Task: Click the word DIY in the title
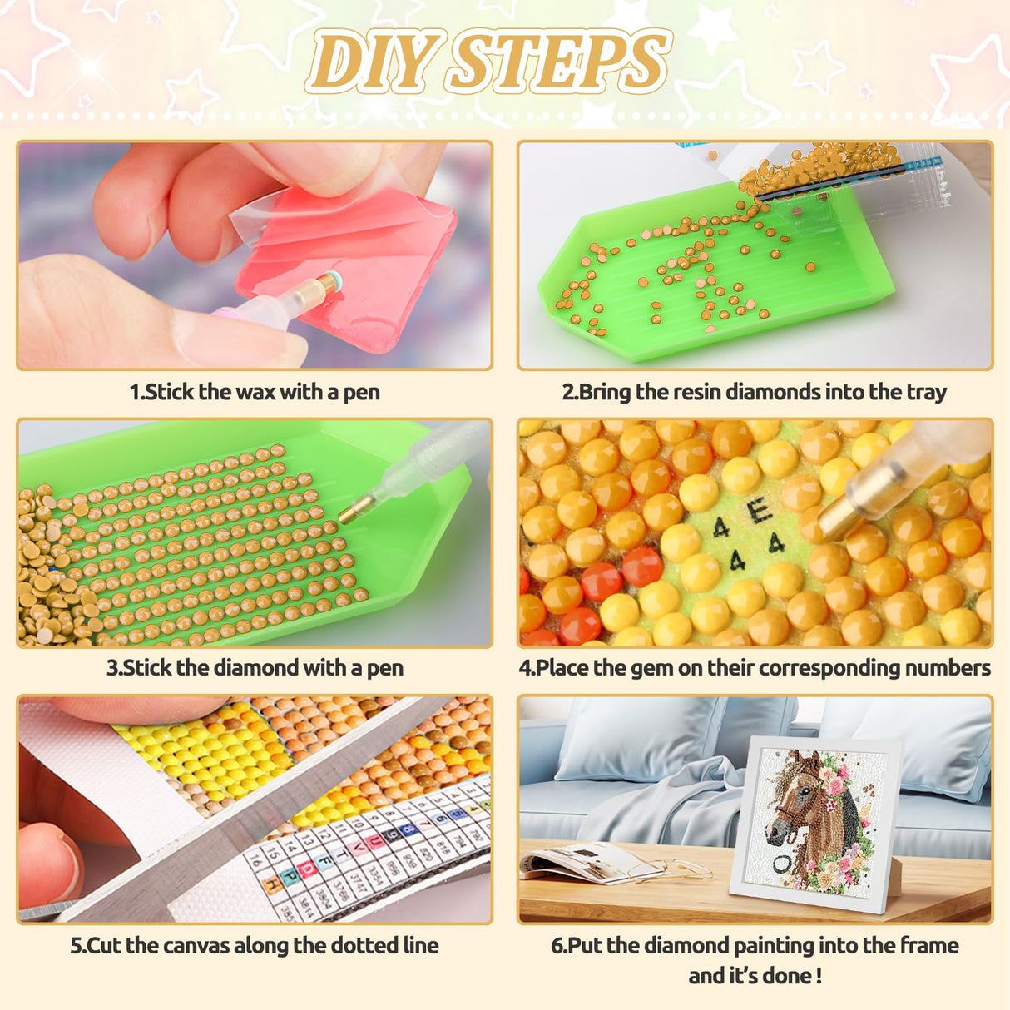370,62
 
